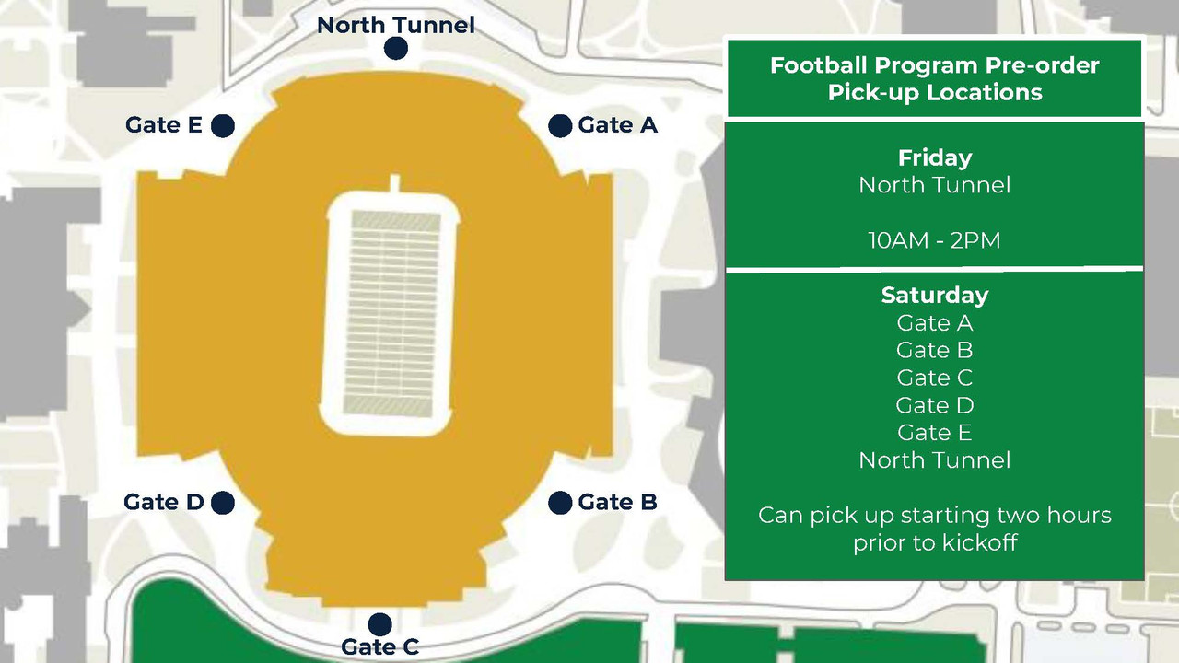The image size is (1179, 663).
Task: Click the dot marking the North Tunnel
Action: pos(396,49)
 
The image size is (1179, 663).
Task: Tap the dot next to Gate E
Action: pos(223,126)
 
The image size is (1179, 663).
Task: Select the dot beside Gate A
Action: pos(560,126)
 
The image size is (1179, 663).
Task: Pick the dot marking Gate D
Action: pos(222,503)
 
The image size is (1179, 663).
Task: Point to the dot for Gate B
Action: pos(560,503)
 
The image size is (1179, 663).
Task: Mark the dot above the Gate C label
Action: pos(379,625)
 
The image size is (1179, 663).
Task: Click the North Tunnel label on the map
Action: pos(396,25)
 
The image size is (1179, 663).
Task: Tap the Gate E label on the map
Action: pos(164,125)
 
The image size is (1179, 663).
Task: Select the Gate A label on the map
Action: pos(617,125)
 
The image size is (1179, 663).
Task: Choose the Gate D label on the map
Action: pos(164,502)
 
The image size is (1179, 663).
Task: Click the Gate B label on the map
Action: pos(617,502)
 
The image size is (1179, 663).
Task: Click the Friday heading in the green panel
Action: pos(934,157)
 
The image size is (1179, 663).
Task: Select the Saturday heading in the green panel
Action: pos(934,295)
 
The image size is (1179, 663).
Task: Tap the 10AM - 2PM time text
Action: pos(934,240)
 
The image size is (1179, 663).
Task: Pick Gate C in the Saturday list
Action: pos(934,378)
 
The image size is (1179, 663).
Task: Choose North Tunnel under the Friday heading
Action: pos(934,185)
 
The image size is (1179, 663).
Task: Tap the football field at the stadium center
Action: pos(393,313)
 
